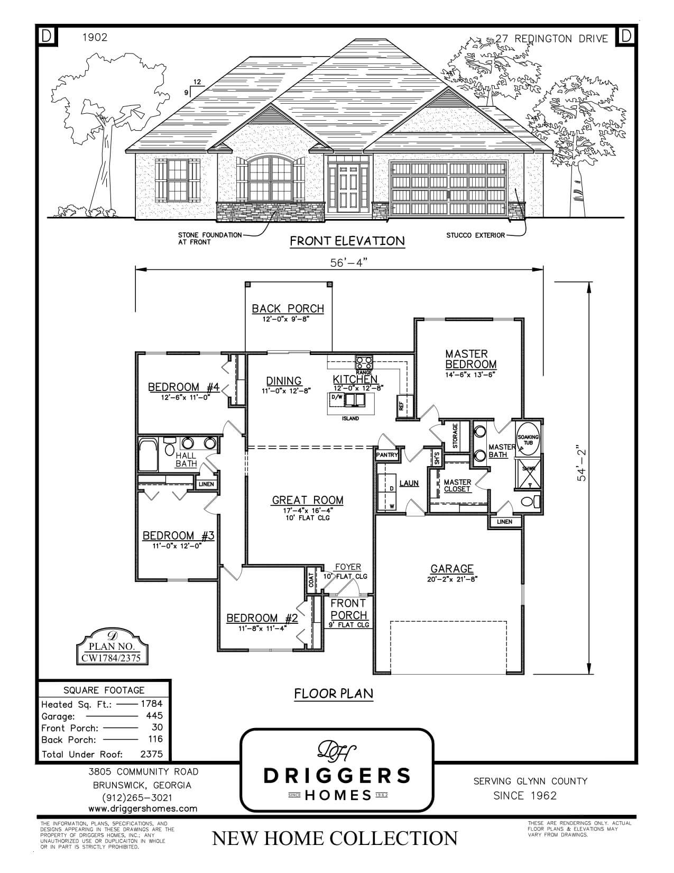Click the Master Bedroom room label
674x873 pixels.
point(470,359)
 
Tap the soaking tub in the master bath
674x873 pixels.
point(528,439)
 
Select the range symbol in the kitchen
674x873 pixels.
point(364,362)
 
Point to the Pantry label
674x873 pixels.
point(386,454)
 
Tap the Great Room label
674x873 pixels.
point(307,500)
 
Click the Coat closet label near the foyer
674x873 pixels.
point(311,580)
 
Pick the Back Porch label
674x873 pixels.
point(288,308)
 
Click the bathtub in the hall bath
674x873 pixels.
point(148,454)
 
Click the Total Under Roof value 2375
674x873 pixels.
point(152,754)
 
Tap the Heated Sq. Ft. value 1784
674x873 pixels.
point(151,704)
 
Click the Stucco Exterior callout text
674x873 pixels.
point(475,235)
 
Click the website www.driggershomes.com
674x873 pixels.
point(143,808)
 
